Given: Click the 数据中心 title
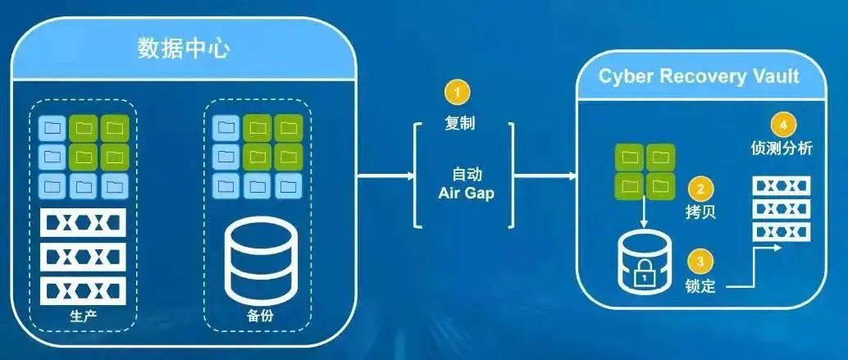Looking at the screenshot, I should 183,49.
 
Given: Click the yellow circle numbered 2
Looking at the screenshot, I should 699,189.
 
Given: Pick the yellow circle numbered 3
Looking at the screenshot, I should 699,262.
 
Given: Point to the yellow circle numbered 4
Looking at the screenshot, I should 783,125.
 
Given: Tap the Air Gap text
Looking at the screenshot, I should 465,196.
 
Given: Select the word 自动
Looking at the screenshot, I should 465,175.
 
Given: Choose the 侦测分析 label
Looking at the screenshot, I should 784,149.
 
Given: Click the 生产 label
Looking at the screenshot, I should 84,316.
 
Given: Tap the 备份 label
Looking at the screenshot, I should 256,316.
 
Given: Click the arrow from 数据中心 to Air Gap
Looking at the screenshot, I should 385,175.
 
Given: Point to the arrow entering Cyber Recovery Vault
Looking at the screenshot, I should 545,175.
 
